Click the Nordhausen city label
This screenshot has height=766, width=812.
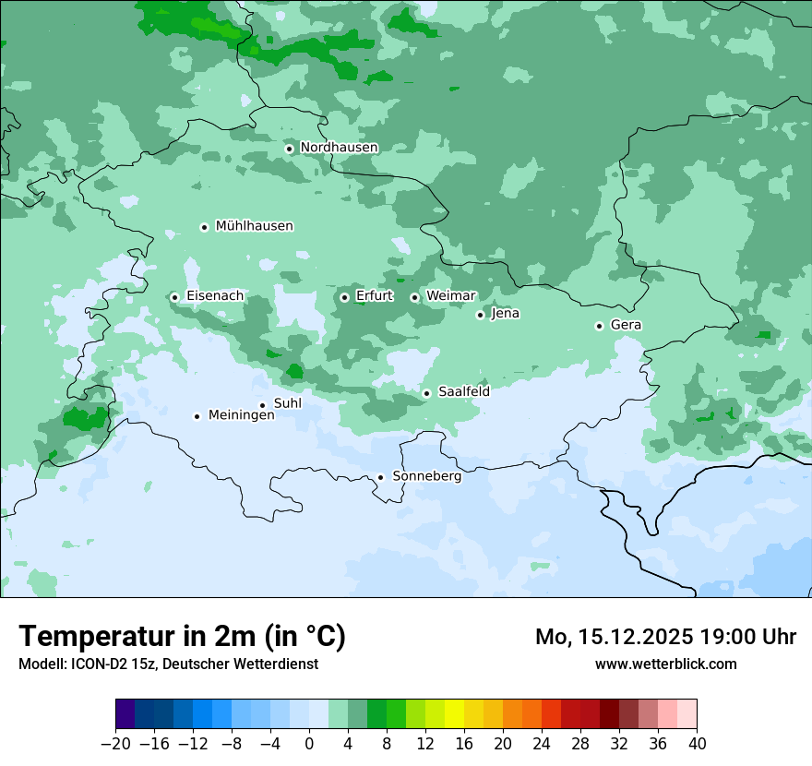[339, 148]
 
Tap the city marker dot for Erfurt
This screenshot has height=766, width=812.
[344, 297]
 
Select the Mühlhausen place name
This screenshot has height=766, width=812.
[254, 226]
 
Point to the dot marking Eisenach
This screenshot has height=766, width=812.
[174, 297]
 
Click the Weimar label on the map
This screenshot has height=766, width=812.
[451, 296]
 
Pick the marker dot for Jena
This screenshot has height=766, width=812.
[480, 315]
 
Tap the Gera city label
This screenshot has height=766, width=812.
[626, 325]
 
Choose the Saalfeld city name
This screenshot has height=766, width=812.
[463, 392]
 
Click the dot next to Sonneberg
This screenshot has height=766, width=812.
[380, 477]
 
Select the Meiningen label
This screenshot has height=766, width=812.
[241, 416]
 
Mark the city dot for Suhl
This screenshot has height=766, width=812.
[262, 405]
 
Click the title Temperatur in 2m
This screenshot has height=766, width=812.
[182, 637]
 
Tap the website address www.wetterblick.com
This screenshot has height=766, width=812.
[665, 664]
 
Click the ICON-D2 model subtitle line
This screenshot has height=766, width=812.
[168, 664]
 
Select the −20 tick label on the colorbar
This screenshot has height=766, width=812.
[115, 744]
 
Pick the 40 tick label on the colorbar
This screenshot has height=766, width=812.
[697, 744]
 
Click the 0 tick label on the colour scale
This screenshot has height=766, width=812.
[309, 744]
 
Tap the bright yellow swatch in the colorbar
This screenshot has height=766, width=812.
[454, 714]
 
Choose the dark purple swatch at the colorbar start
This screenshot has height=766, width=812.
[125, 714]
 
